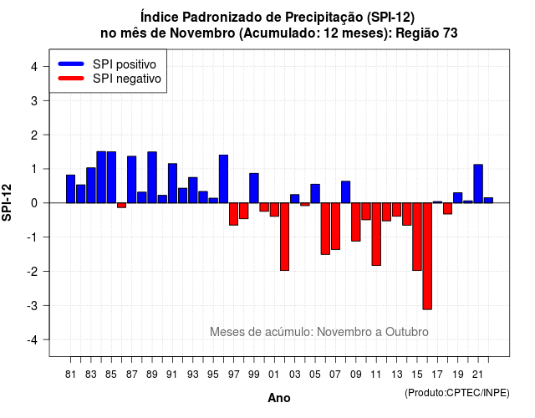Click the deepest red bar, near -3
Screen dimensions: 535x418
(x=427, y=257)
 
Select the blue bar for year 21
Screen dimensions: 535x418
(x=478, y=184)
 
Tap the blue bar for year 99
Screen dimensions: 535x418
(x=254, y=188)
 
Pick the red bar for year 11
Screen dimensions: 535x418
(x=376, y=234)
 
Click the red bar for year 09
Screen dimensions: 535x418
(x=356, y=222)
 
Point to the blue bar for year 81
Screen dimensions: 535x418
(x=70, y=189)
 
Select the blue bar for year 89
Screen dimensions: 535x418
(x=152, y=177)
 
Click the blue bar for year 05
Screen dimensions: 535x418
(x=315, y=193)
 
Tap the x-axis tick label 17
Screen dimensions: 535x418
(x=437, y=375)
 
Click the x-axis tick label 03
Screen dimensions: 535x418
(x=295, y=375)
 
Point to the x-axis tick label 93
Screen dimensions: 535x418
(x=193, y=375)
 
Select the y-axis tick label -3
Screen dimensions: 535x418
(x=33, y=306)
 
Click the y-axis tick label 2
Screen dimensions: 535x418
(x=34, y=135)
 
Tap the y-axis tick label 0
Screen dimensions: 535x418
(x=34, y=203)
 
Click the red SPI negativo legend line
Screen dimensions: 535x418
(x=71, y=79)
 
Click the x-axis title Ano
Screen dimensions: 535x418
(x=279, y=398)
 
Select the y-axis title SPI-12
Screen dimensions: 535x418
(x=7, y=202)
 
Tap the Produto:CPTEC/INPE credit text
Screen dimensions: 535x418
(x=457, y=393)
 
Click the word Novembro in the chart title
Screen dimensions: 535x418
(x=202, y=33)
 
